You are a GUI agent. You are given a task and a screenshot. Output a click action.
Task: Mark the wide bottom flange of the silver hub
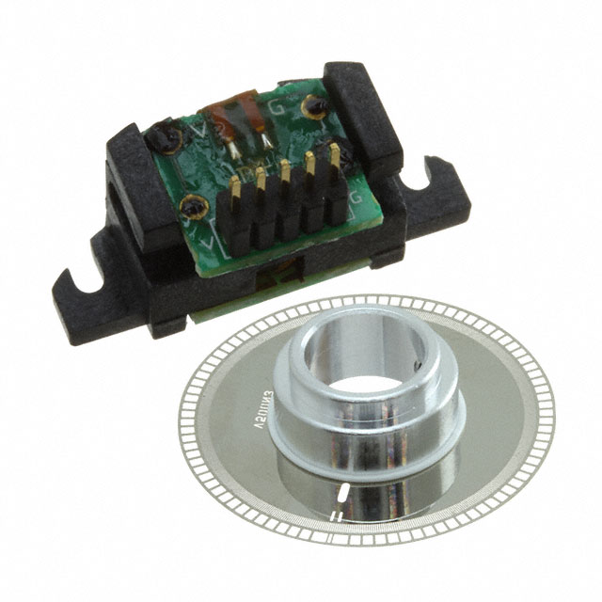[376, 451]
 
